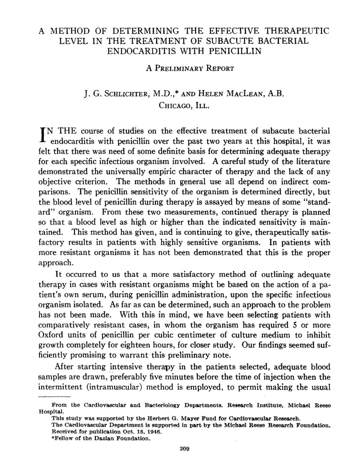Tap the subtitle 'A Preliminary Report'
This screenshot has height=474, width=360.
[x=190, y=68]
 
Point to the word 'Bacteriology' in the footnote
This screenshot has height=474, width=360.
[x=162, y=405]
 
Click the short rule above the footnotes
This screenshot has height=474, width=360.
[x=55, y=396]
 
